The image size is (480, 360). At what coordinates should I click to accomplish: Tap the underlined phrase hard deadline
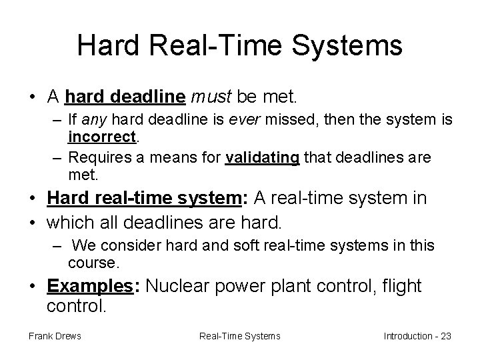tap(125, 98)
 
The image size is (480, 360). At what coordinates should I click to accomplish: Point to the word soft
tap(249, 246)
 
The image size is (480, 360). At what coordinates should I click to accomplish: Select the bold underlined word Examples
tap(91, 286)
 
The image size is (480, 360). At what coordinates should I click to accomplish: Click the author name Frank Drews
tap(55, 335)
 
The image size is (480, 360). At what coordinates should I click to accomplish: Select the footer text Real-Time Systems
tap(240, 335)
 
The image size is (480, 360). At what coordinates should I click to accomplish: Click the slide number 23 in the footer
tap(445, 335)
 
